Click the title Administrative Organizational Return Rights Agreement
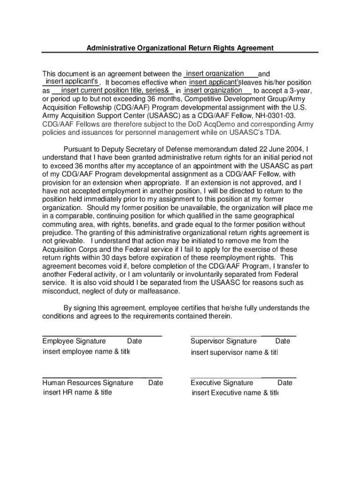click(180, 48)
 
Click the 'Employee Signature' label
click(74, 341)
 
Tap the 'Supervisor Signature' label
click(223, 341)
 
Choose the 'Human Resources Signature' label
click(88, 383)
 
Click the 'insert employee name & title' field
click(86, 352)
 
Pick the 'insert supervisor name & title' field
click(234, 352)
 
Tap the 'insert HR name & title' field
click(78, 392)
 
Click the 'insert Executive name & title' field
click(235, 393)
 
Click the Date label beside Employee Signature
click(135, 341)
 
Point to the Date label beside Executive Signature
click(285, 383)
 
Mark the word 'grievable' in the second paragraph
click(67, 240)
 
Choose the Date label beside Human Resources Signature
click(156, 383)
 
